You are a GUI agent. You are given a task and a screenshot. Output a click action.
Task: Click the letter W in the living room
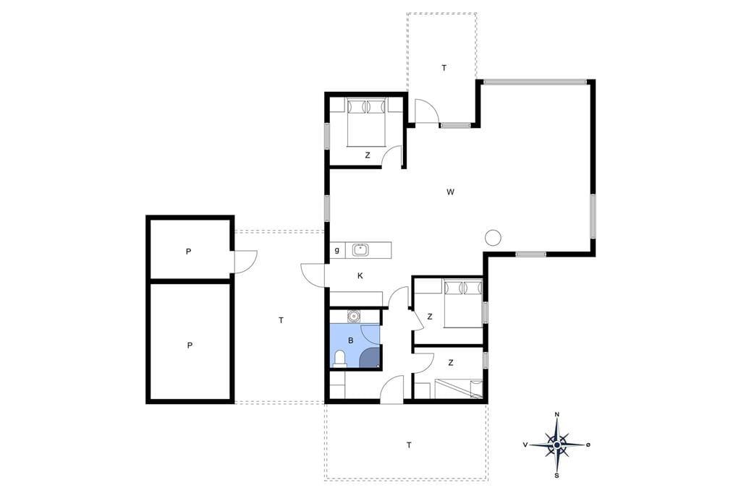pos(450,192)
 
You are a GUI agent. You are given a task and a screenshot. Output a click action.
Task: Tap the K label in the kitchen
pos(360,276)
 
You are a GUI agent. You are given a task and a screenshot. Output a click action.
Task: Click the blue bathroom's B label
pos(351,340)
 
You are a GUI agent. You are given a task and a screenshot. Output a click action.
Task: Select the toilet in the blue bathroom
pos(340,359)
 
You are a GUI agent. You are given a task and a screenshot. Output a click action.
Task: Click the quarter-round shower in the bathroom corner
pos(370,358)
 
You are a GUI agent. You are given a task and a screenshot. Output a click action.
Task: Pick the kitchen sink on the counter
pos(360,249)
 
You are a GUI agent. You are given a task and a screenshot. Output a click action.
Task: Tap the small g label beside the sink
pos(337,250)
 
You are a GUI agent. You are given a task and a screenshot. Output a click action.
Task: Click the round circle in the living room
pos(494,237)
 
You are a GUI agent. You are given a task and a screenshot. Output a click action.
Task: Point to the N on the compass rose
pos(557,415)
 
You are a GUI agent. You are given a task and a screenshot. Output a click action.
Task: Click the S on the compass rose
pos(557,476)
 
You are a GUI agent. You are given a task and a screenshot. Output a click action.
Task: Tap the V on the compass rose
pos(525,445)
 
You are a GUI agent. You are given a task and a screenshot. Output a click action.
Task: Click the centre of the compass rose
pos(557,445)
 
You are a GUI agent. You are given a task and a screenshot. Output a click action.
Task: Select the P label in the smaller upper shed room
pos(189,252)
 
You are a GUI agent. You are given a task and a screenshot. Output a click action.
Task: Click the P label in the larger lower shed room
pos(190,346)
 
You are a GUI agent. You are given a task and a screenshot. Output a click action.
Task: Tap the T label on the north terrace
pos(444,68)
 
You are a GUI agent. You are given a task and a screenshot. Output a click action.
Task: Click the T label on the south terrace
pos(409,445)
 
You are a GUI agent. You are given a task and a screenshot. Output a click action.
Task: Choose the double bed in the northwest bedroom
pos(367,122)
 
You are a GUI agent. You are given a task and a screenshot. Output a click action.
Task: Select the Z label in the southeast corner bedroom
pos(451,363)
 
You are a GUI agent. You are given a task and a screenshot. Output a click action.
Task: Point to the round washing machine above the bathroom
pos(352,316)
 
